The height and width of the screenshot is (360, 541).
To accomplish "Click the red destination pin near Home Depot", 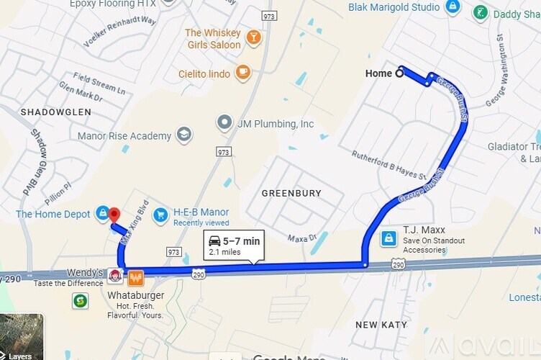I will pyautogui.click(x=114, y=215).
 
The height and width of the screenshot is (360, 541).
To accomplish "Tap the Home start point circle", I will pyautogui.click(x=400, y=73).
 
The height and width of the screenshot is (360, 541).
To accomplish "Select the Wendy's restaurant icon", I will pyautogui.click(x=114, y=276).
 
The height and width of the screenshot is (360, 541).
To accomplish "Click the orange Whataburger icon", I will pyautogui.click(x=136, y=276).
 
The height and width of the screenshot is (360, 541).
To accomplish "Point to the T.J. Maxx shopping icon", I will pyautogui.click(x=388, y=238).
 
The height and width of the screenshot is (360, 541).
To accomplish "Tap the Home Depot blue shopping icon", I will pyautogui.click(x=103, y=214).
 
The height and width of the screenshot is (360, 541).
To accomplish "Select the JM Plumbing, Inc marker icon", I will pyautogui.click(x=225, y=123).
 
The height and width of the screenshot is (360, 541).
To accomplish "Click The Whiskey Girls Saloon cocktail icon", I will pyautogui.click(x=253, y=37).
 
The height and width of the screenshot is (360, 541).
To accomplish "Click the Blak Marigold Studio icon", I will pyautogui.click(x=453, y=7).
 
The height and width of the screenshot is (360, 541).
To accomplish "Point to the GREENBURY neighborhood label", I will pyautogui.click(x=291, y=194).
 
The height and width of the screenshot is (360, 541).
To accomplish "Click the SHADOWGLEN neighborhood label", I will pyautogui.click(x=56, y=112).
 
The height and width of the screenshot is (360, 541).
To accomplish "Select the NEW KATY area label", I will pyautogui.click(x=381, y=325).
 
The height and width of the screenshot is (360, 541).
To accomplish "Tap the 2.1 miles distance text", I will pyautogui.click(x=224, y=253).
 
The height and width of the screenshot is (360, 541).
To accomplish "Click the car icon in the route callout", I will pyautogui.click(x=214, y=241).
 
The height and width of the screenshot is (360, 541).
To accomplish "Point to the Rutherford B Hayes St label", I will pyautogui.click(x=389, y=165).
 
